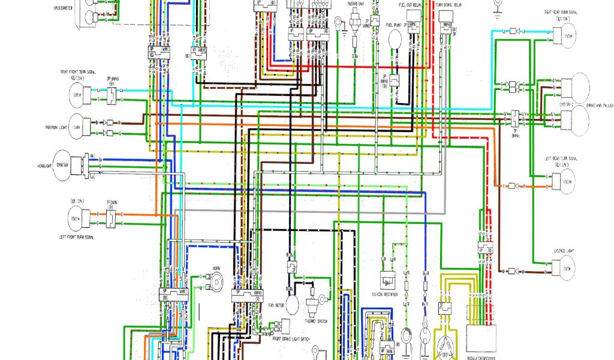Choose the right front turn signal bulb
[x=77, y=94]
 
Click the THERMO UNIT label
[x=356, y=4]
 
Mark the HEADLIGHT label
[x=46, y=165]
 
